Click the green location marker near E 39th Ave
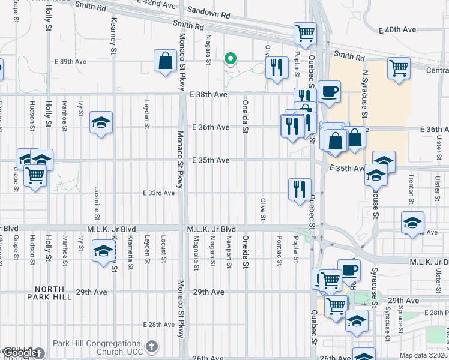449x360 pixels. coord(229,59)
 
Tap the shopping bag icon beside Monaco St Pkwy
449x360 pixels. coord(164,61)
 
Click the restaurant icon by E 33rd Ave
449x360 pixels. coord(298,189)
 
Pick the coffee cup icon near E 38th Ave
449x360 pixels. coord(329,92)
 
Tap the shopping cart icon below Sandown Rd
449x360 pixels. coord(305,33)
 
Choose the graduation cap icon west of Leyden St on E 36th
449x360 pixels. coord(101,123)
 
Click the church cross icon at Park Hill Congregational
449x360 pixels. coord(152,346)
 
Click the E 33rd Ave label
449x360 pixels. coord(158,193)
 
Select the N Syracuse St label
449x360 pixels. coord(365,89)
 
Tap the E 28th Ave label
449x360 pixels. coord(158,325)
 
